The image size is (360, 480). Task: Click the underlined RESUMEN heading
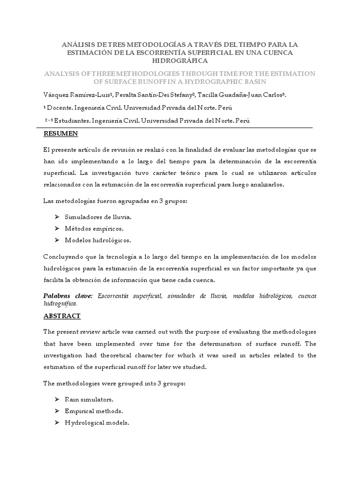click(60, 134)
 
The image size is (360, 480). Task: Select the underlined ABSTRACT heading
click(62, 316)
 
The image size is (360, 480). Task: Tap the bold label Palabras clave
click(68, 295)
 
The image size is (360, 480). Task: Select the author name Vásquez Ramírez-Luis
click(79, 95)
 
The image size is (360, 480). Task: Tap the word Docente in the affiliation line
click(63, 108)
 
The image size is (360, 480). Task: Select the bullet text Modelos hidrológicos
click(97, 240)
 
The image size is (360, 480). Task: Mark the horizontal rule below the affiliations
click(178, 127)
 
